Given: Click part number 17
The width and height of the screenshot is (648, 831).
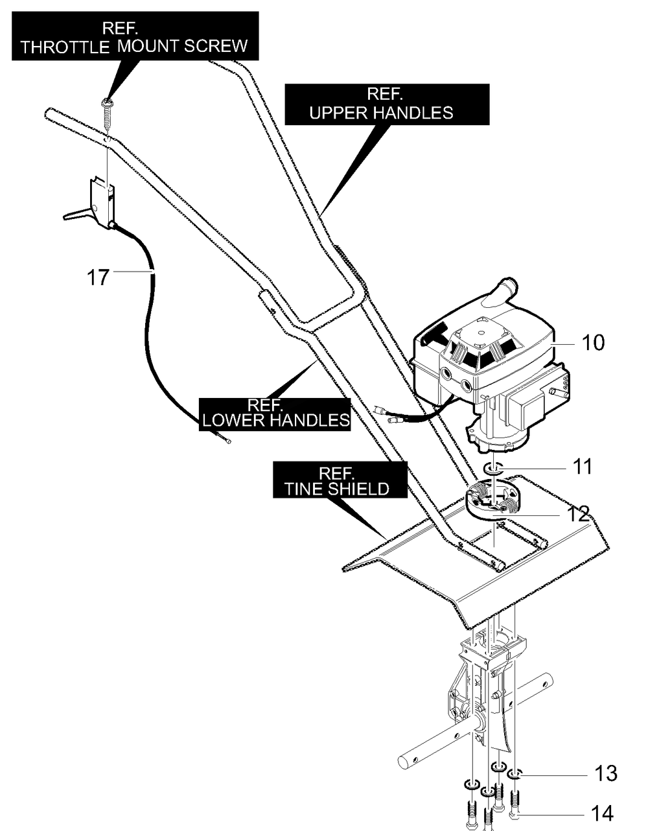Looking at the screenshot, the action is click(x=98, y=277).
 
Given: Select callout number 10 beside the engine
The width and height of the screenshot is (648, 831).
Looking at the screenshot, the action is click(x=593, y=342).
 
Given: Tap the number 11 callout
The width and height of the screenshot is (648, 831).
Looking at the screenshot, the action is click(x=583, y=466).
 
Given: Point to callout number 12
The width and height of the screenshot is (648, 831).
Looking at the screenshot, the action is click(x=579, y=515).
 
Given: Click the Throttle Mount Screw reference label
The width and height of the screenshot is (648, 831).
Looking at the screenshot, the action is click(x=135, y=36).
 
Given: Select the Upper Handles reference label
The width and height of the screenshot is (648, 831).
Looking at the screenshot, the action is click(x=387, y=104).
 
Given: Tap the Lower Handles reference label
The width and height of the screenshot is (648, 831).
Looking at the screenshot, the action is click(x=275, y=415).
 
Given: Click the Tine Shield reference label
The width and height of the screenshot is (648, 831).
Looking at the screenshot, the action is click(x=340, y=480).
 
